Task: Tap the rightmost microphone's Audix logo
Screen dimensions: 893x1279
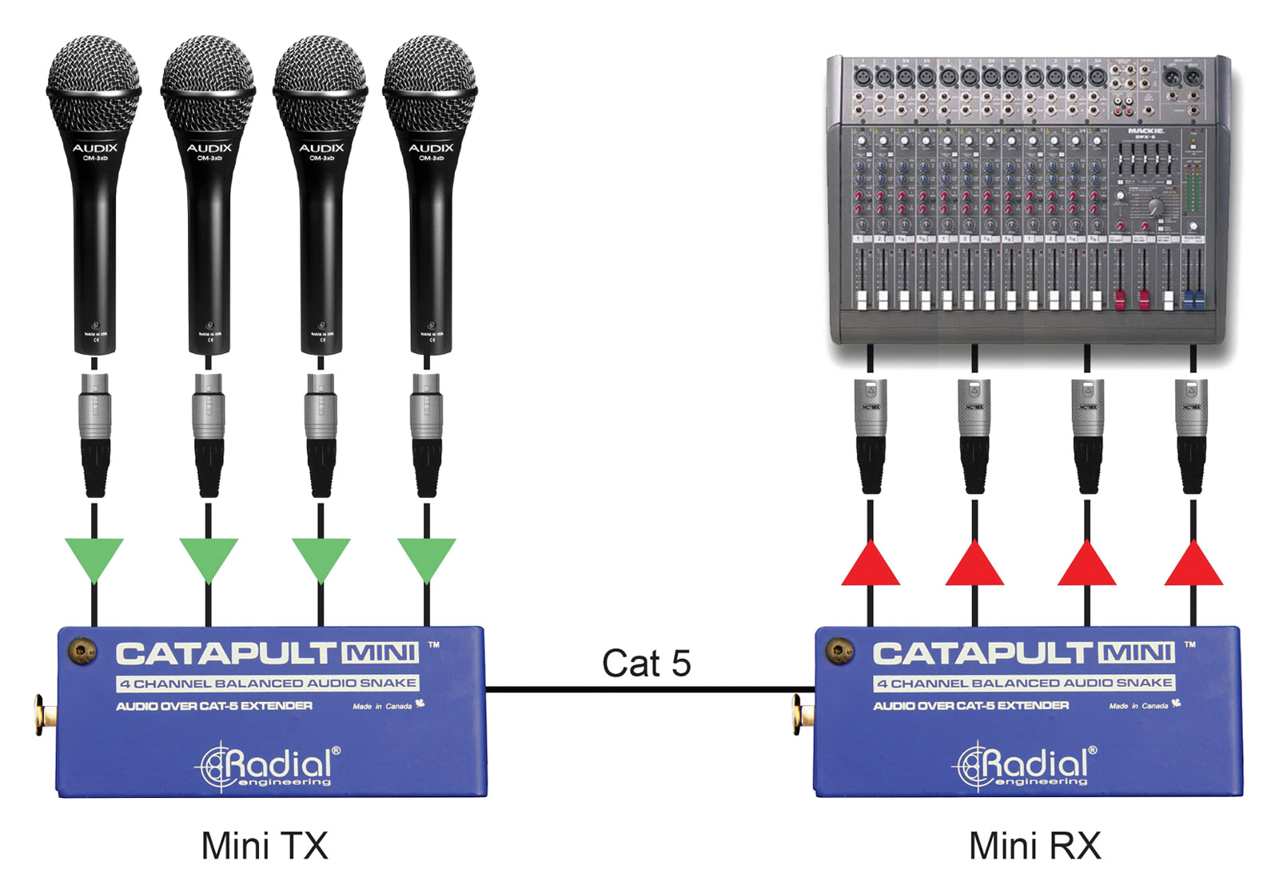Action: click(x=431, y=148)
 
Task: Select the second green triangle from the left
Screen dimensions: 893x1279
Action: click(x=209, y=559)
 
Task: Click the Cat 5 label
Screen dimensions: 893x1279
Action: click(x=646, y=664)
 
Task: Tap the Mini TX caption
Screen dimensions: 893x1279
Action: click(x=265, y=846)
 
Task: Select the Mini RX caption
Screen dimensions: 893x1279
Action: click(x=1034, y=846)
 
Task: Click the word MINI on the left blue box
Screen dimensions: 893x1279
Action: click(x=381, y=653)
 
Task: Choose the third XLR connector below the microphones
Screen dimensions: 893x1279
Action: click(x=321, y=436)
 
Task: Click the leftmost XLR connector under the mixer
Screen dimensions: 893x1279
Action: click(x=870, y=436)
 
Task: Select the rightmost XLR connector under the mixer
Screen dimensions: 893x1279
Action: click(x=1192, y=436)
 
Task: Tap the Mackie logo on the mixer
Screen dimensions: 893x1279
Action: click(x=1146, y=130)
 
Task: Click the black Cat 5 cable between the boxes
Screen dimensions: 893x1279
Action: click(x=647, y=689)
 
